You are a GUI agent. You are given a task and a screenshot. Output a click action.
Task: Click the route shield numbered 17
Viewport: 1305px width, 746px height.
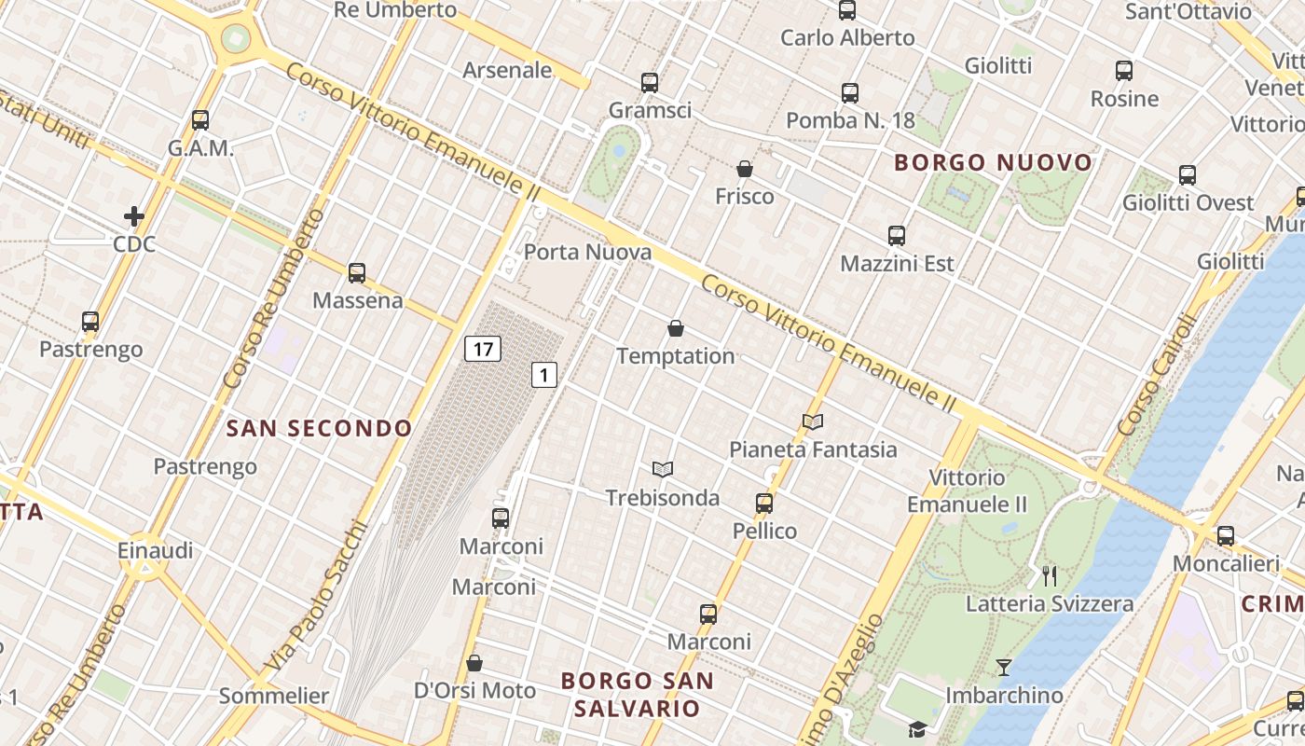(x=482, y=350)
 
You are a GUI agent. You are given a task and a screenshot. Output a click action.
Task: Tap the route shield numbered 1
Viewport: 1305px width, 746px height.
(x=544, y=375)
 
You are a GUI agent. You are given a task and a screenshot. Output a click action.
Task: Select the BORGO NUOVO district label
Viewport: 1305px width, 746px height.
(x=993, y=163)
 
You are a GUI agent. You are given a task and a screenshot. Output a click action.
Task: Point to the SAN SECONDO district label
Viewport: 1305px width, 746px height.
(x=319, y=429)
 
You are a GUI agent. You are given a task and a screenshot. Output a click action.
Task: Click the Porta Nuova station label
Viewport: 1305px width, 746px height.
(x=587, y=252)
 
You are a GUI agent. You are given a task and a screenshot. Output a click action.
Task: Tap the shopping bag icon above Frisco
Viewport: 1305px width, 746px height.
(x=744, y=169)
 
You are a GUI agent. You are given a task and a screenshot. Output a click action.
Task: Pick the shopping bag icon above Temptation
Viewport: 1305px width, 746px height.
(x=676, y=328)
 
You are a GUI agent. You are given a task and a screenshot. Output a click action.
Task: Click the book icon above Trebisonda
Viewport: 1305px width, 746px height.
(x=663, y=469)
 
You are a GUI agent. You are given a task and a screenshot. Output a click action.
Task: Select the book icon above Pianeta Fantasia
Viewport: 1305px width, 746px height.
(x=813, y=421)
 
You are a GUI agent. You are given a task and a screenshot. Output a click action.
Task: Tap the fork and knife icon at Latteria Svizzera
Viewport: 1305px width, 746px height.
(x=1050, y=575)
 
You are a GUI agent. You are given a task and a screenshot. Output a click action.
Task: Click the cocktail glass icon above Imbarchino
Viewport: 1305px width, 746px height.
(x=1003, y=667)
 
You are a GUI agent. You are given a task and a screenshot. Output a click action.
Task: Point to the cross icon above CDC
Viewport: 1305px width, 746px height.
(x=134, y=217)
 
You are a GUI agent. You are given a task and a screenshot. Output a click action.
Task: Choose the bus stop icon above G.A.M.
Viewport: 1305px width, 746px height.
(x=200, y=120)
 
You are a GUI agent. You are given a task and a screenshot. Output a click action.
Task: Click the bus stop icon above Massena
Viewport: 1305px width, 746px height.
(x=357, y=273)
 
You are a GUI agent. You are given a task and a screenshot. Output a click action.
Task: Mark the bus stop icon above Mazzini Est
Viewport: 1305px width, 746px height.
(x=897, y=236)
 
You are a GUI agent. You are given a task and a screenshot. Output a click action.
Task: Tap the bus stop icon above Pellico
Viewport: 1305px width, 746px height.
(x=764, y=504)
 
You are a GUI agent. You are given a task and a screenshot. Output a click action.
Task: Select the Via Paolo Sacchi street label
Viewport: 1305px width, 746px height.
(x=316, y=597)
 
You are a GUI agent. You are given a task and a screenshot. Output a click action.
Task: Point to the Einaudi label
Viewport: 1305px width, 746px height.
(x=156, y=550)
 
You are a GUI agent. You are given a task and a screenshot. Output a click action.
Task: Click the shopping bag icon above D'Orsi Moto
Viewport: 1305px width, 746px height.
(x=474, y=663)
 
